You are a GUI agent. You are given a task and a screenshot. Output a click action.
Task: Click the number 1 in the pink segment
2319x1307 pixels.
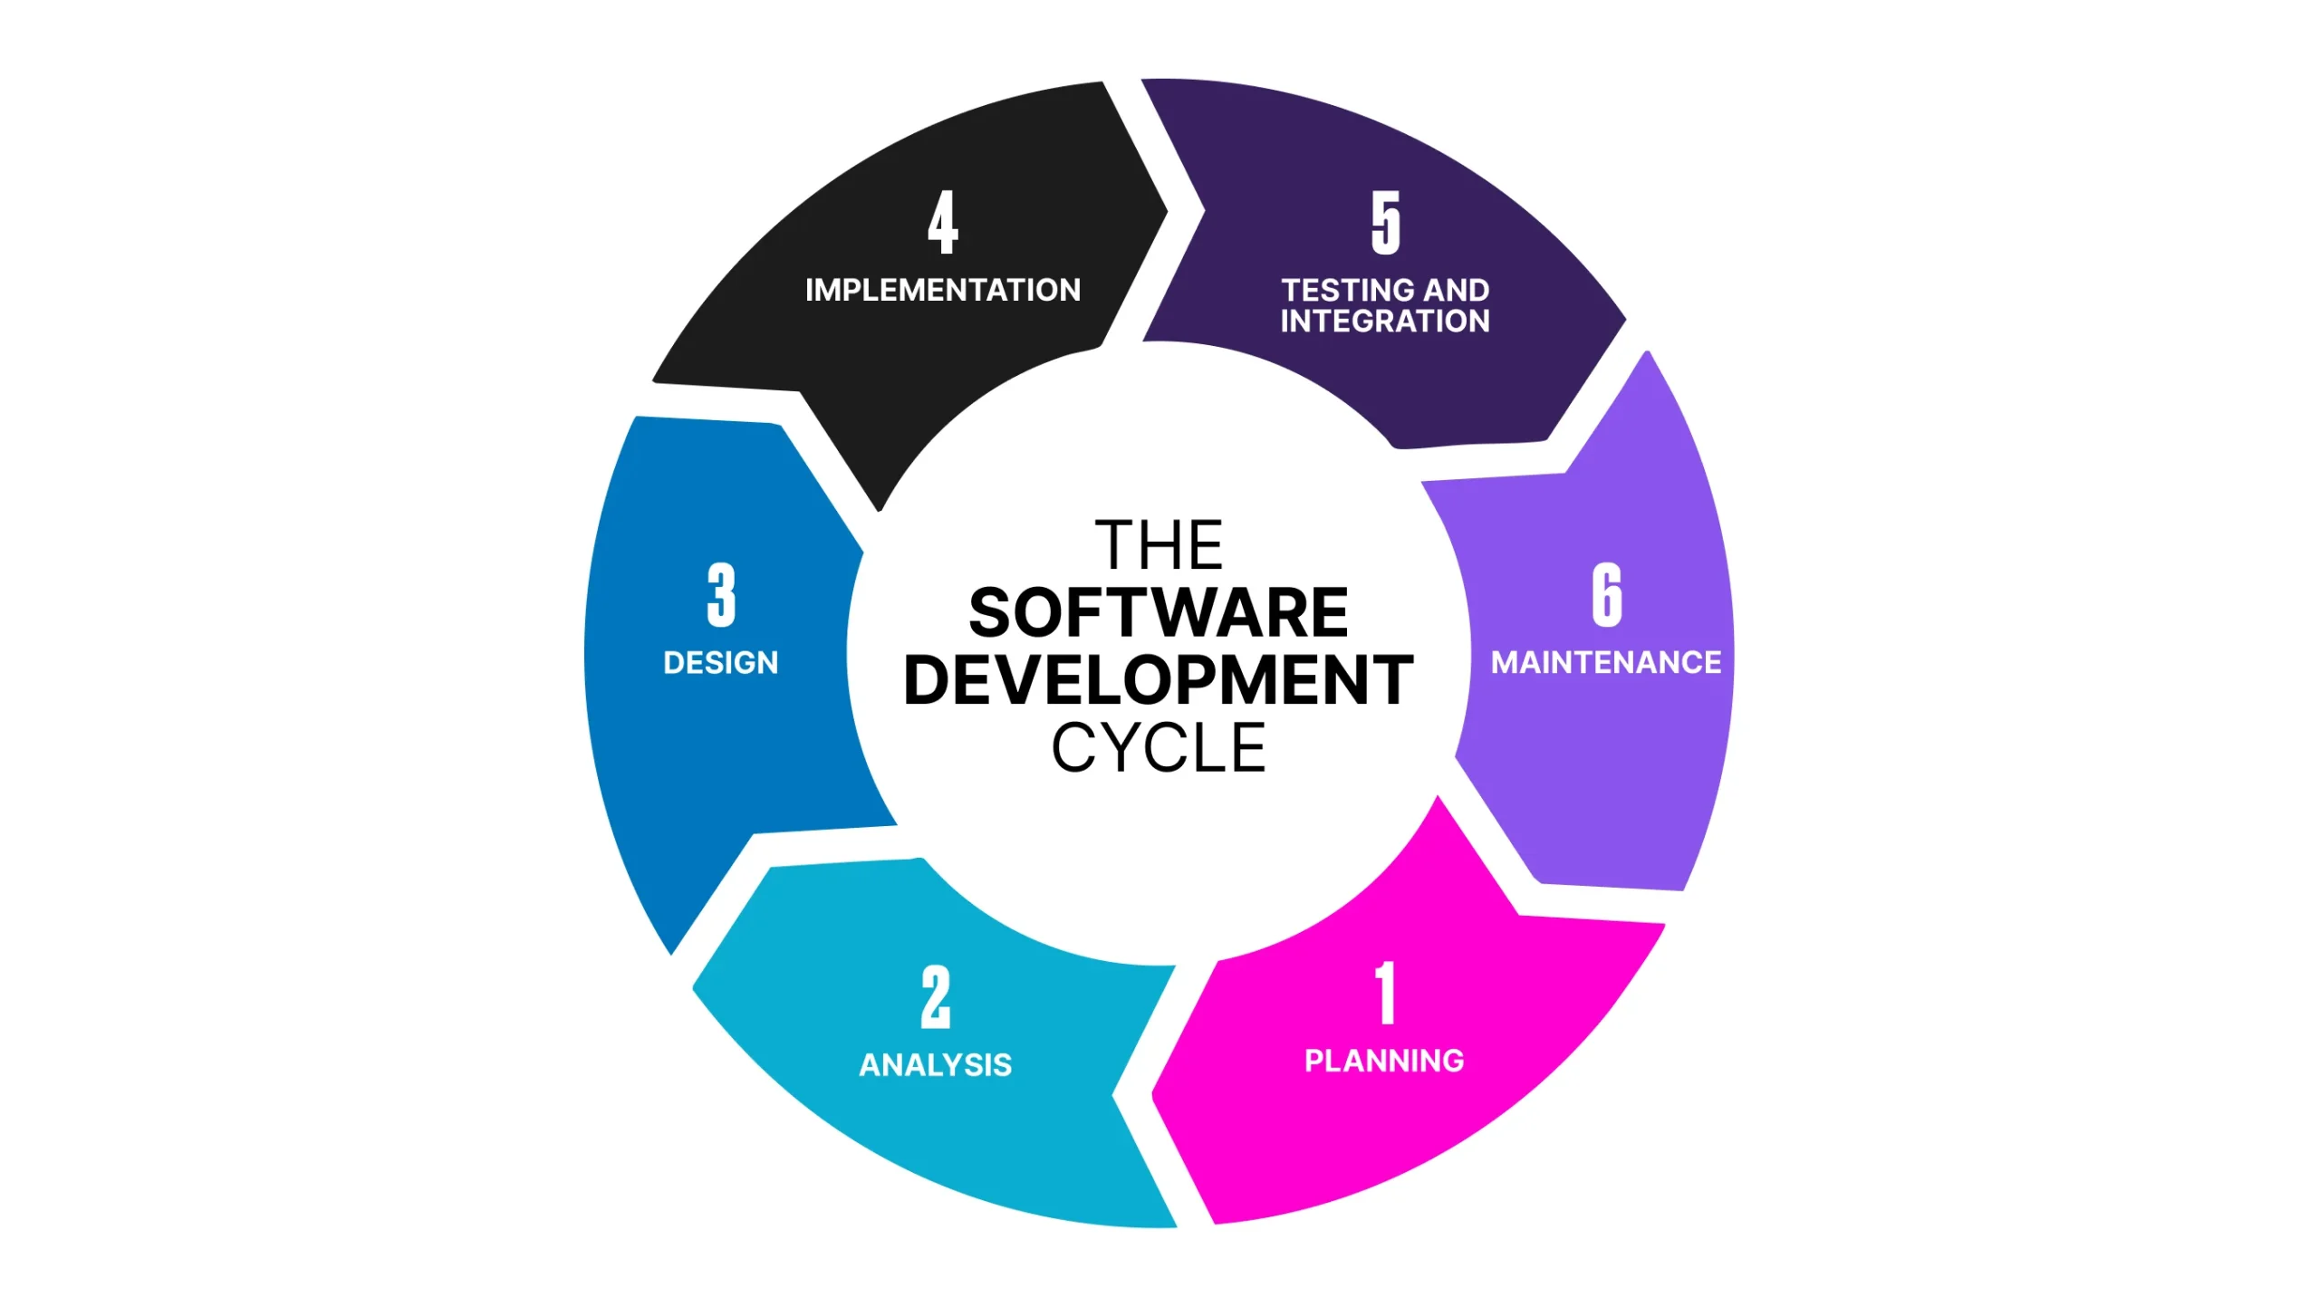(x=1385, y=993)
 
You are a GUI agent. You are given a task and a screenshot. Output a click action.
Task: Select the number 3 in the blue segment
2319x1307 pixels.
(x=721, y=594)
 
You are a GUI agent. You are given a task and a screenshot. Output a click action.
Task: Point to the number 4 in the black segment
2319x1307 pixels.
(x=943, y=222)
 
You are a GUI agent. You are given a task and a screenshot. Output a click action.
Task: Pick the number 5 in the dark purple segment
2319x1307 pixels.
(x=1385, y=222)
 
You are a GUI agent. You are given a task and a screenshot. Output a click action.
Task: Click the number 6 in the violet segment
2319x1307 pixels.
(x=1607, y=594)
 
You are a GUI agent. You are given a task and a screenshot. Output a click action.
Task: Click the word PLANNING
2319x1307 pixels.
(x=1384, y=1061)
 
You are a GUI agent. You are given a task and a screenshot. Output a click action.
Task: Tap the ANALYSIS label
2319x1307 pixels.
(x=936, y=1065)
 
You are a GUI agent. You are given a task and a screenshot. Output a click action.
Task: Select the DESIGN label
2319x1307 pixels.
(x=721, y=663)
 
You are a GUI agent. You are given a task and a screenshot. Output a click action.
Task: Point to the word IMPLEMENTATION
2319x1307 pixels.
(x=943, y=290)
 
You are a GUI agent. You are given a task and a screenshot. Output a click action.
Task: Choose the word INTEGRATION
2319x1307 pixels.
(x=1385, y=322)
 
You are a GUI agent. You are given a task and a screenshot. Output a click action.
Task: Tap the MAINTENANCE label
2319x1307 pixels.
(x=1606, y=663)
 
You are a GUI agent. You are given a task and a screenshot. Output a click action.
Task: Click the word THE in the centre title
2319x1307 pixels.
(x=1159, y=545)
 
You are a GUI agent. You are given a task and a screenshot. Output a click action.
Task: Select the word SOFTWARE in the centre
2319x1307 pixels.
(x=1159, y=613)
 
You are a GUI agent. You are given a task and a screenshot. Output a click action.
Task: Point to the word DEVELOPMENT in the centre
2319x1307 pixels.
(x=1159, y=680)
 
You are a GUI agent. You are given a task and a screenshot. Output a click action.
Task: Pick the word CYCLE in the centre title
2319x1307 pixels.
(x=1159, y=748)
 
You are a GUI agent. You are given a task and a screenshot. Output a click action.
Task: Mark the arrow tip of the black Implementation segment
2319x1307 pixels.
(x=1165, y=212)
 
